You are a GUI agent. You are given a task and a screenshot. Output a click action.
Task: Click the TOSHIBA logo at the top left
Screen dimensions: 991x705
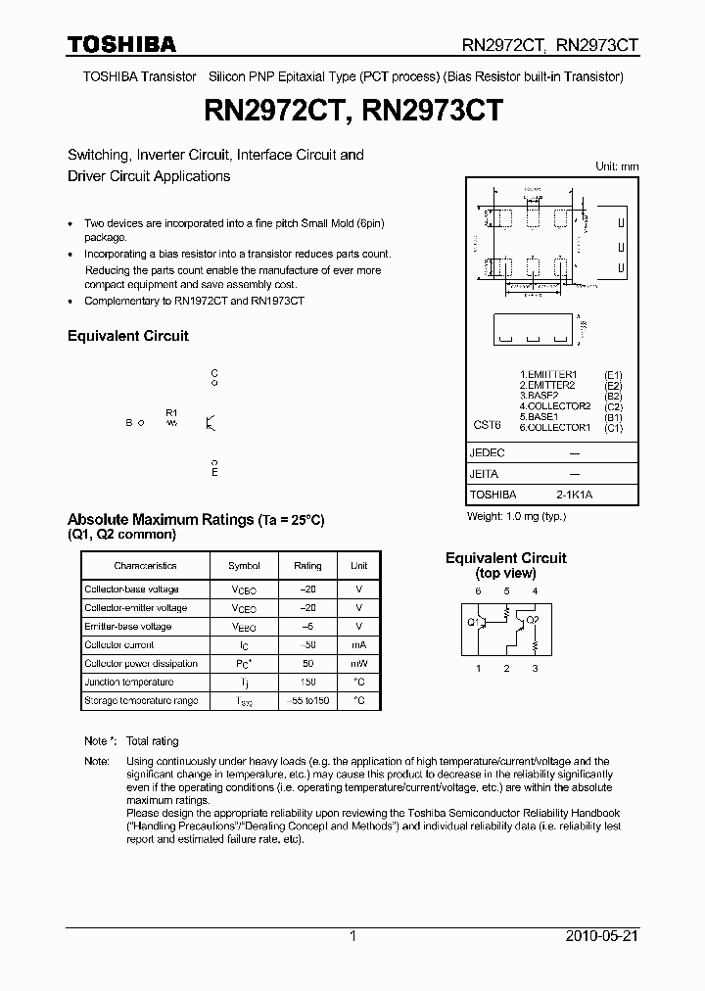tap(121, 44)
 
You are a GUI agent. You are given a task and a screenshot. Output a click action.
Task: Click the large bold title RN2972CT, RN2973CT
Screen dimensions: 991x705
tap(352, 111)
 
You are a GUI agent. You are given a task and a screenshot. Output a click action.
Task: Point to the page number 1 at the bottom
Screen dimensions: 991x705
tap(352, 936)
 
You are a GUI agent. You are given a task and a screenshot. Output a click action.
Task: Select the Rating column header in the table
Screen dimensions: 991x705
tap(307, 566)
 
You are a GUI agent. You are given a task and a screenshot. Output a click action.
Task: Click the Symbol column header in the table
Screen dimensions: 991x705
tap(244, 566)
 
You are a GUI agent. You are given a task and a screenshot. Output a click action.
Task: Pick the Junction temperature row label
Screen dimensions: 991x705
tap(129, 683)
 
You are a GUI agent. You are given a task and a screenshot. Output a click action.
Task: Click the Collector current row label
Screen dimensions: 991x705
tap(118, 645)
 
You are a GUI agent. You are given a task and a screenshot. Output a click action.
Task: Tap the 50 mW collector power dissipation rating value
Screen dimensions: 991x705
tap(307, 664)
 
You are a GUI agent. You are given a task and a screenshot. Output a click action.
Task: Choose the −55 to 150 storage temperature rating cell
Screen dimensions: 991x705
tap(307, 701)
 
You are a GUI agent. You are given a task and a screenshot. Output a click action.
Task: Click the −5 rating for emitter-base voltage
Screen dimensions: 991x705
tap(307, 627)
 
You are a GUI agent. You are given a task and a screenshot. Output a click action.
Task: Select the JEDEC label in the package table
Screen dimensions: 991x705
tap(487, 453)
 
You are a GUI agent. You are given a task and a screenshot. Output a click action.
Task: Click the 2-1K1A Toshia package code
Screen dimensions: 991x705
tap(574, 495)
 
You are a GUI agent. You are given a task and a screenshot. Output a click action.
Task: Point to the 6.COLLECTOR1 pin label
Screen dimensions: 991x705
tap(555, 427)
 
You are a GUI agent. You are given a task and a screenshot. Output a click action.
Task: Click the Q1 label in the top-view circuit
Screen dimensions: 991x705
tap(472, 621)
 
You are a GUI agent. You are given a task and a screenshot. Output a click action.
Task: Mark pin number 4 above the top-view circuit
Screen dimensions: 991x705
tap(535, 591)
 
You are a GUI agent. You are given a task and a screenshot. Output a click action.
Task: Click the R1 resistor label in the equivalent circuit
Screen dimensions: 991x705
tap(171, 412)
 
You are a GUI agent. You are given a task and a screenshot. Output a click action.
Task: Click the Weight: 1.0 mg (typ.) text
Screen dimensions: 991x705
tap(515, 516)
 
